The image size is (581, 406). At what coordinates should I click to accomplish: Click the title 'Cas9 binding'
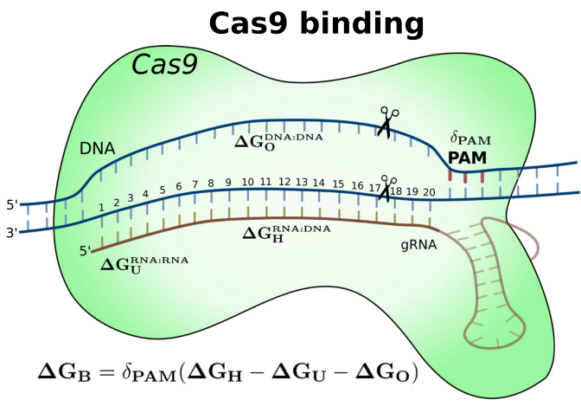(x=316, y=23)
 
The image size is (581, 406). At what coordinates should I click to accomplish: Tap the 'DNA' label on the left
(x=97, y=148)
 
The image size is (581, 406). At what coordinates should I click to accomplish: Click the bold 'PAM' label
(x=467, y=158)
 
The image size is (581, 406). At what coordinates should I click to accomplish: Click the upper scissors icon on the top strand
(x=388, y=122)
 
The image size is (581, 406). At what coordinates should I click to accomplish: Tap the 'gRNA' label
(x=418, y=245)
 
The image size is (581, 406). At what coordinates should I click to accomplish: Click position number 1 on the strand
(x=101, y=208)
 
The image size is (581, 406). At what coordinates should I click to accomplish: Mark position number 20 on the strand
(x=429, y=191)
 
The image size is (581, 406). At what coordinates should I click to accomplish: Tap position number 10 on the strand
(x=247, y=183)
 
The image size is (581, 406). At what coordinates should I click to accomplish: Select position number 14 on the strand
(x=318, y=184)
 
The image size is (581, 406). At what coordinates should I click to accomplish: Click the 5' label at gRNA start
(x=85, y=252)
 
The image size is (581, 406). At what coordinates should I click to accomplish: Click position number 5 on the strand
(x=162, y=190)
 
